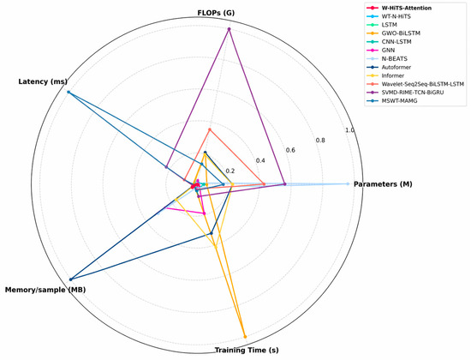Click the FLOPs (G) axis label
[216, 13]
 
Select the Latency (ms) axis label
[43, 81]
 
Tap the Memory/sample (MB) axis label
[45, 290]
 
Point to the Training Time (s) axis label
[247, 350]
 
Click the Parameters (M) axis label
[383, 184]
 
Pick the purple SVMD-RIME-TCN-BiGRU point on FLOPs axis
[230, 29]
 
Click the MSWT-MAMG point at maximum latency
[69, 92]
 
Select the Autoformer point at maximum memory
[71, 279]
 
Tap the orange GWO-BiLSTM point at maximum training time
[245, 337]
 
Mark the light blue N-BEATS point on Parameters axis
[349, 183]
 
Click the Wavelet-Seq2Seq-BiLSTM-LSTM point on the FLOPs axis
[210, 129]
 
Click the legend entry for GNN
[381, 51]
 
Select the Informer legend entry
[385, 75]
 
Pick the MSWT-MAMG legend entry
[392, 101]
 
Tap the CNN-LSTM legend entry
[390, 42]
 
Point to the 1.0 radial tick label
[349, 130]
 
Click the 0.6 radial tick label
[290, 150]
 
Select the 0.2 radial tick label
[230, 171]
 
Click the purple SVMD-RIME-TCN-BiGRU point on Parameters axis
[285, 183]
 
